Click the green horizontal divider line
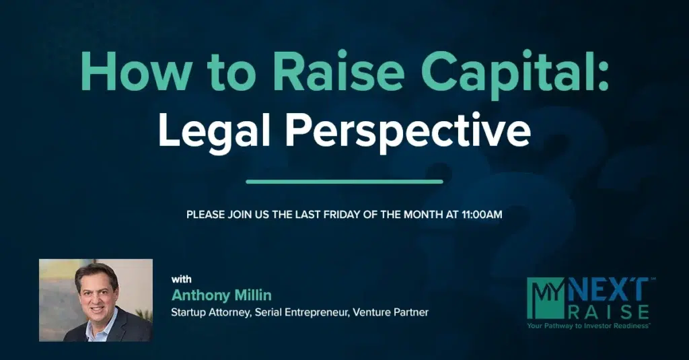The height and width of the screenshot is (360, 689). click(x=344, y=182)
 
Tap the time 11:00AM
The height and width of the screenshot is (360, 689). click(x=482, y=215)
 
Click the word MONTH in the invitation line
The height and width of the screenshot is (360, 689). click(x=421, y=215)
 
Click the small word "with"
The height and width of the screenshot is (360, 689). click(x=181, y=279)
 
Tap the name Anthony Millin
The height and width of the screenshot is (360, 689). click(x=221, y=295)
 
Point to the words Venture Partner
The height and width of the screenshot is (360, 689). click(x=391, y=312)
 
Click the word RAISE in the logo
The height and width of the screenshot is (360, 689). click(x=609, y=312)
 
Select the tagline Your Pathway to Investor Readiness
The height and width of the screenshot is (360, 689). click(x=589, y=326)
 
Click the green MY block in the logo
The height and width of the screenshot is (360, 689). click(x=545, y=298)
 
